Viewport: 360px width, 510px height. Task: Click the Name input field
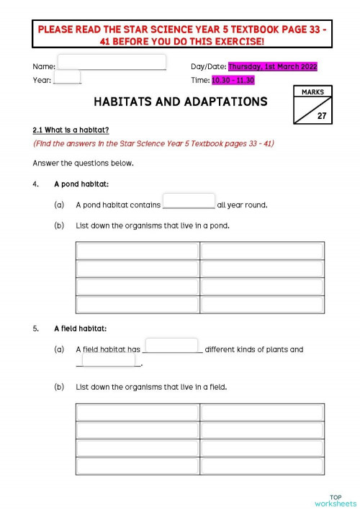[x=112, y=62]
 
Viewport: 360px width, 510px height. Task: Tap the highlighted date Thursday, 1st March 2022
[x=272, y=66]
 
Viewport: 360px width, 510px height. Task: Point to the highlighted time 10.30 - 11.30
[x=233, y=80]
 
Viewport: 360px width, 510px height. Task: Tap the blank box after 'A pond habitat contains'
[x=189, y=201]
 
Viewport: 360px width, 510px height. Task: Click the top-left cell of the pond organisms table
[x=137, y=251]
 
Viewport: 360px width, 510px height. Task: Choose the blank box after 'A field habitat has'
[x=171, y=346]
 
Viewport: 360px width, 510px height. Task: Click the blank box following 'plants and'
[x=109, y=360]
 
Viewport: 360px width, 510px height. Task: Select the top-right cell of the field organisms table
[x=261, y=412]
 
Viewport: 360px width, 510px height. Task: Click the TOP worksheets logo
[x=336, y=500]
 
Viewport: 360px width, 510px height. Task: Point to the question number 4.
[x=35, y=184]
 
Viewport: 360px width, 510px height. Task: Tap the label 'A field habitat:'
[x=80, y=328]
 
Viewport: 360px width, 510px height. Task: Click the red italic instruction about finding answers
[x=153, y=143]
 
